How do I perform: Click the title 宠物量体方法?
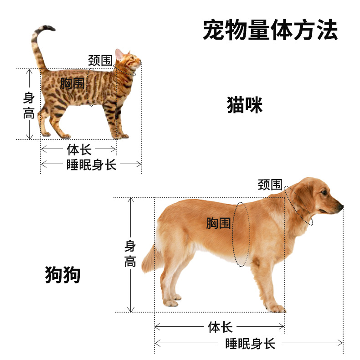[x=270, y=30]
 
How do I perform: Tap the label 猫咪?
[x=245, y=105]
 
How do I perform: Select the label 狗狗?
[x=63, y=275]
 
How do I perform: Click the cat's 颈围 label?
[x=100, y=61]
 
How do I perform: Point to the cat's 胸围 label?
[x=72, y=83]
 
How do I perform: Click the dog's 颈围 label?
[x=270, y=185]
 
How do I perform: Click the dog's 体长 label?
[x=220, y=327]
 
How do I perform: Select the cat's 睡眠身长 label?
[x=91, y=165]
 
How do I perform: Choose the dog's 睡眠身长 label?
[x=250, y=343]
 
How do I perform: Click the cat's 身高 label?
[x=29, y=105]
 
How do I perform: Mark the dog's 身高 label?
[x=130, y=254]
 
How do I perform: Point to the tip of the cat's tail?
[x=51, y=28]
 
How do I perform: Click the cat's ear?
[x=119, y=54]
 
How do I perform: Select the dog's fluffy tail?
[x=150, y=260]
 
